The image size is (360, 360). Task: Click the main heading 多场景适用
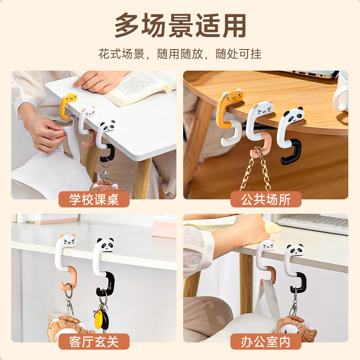coord(180,25)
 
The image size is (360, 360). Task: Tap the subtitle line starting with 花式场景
coord(180,54)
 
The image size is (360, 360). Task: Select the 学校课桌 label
coord(94,199)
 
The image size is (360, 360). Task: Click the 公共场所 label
coord(265,199)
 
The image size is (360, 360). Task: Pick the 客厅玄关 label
coord(94,342)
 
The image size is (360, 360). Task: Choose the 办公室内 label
coord(265,342)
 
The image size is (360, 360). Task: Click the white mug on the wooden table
coord(341,92)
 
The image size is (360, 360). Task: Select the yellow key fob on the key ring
coord(99,319)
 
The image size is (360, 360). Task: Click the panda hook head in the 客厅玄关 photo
coord(105,245)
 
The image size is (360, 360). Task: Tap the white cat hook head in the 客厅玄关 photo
coord(67,241)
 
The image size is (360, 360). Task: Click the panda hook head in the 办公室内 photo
coord(296,250)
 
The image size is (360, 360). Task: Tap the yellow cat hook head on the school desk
coord(69,98)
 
